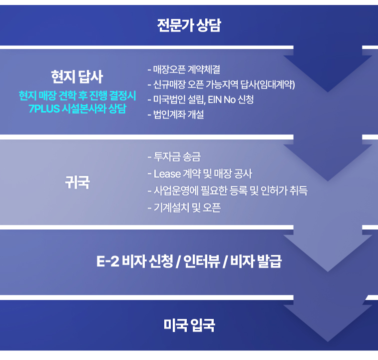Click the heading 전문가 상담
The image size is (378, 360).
click(189, 25)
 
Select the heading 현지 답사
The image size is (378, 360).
click(77, 77)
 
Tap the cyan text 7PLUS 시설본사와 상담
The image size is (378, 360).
click(77, 108)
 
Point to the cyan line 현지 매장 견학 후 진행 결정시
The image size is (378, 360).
click(77, 95)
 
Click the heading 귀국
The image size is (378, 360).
click(77, 182)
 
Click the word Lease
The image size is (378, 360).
click(167, 174)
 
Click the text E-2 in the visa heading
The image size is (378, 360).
click(108, 261)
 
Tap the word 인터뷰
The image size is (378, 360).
click(202, 261)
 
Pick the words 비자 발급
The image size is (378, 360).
click(256, 261)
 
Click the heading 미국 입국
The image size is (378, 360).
click(189, 325)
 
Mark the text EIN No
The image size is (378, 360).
click(222, 99)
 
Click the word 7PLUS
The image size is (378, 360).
click(44, 109)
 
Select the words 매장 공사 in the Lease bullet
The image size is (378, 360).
click(233, 174)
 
